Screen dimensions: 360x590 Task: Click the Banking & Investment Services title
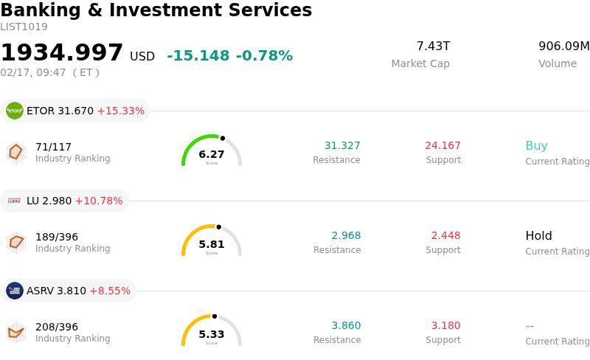pos(156,10)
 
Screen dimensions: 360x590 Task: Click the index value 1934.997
pos(62,53)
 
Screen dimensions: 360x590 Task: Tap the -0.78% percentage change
pos(264,56)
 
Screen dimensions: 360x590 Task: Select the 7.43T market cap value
pos(433,46)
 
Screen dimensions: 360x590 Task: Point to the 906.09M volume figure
pos(563,46)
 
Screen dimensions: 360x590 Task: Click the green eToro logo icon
pos(15,111)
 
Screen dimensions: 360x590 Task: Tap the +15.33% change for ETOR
pos(120,111)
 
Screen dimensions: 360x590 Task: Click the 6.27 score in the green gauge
pos(212,154)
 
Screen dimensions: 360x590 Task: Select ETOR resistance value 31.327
pos(342,146)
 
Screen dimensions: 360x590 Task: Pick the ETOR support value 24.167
pos(442,146)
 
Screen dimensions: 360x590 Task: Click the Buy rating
pos(536,146)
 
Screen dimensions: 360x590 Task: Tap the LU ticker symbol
pos(32,201)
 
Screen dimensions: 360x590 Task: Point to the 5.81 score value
pos(212,244)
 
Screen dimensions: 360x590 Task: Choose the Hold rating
pos(538,236)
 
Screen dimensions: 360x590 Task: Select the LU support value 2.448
pos(445,236)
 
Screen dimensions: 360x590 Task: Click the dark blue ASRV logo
pos(15,291)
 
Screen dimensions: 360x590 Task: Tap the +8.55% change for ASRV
pos(110,291)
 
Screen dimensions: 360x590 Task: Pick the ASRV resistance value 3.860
pos(346,326)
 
